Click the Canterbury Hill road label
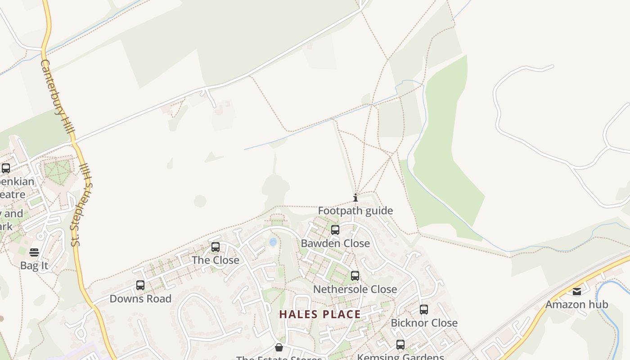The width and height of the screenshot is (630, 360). [x=57, y=99]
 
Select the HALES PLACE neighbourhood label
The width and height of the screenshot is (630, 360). [x=320, y=314]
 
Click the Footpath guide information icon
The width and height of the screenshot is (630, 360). [x=355, y=198]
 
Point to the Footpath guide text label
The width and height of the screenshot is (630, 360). [x=355, y=211]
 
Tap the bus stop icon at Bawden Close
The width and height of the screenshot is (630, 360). [x=335, y=230]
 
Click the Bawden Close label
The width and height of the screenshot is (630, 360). [x=335, y=243]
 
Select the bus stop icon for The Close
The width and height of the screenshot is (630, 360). [x=216, y=247]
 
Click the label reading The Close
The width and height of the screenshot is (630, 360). [x=216, y=260]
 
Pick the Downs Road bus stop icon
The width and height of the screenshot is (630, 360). [x=140, y=285]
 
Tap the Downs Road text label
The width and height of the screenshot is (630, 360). [x=140, y=299]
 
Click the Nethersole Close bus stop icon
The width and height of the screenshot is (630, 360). [x=355, y=276]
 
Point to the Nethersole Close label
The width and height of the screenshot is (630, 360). [x=355, y=289]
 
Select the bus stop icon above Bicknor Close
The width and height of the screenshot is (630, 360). [x=424, y=310]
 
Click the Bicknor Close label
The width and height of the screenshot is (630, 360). [x=424, y=323]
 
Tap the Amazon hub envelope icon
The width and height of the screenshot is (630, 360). [x=577, y=291]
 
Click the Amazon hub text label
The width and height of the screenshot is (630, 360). [x=577, y=305]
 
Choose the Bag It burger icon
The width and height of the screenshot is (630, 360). [x=34, y=252]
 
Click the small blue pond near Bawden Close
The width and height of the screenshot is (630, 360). [x=273, y=242]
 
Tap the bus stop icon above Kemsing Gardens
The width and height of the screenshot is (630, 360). [x=400, y=345]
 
